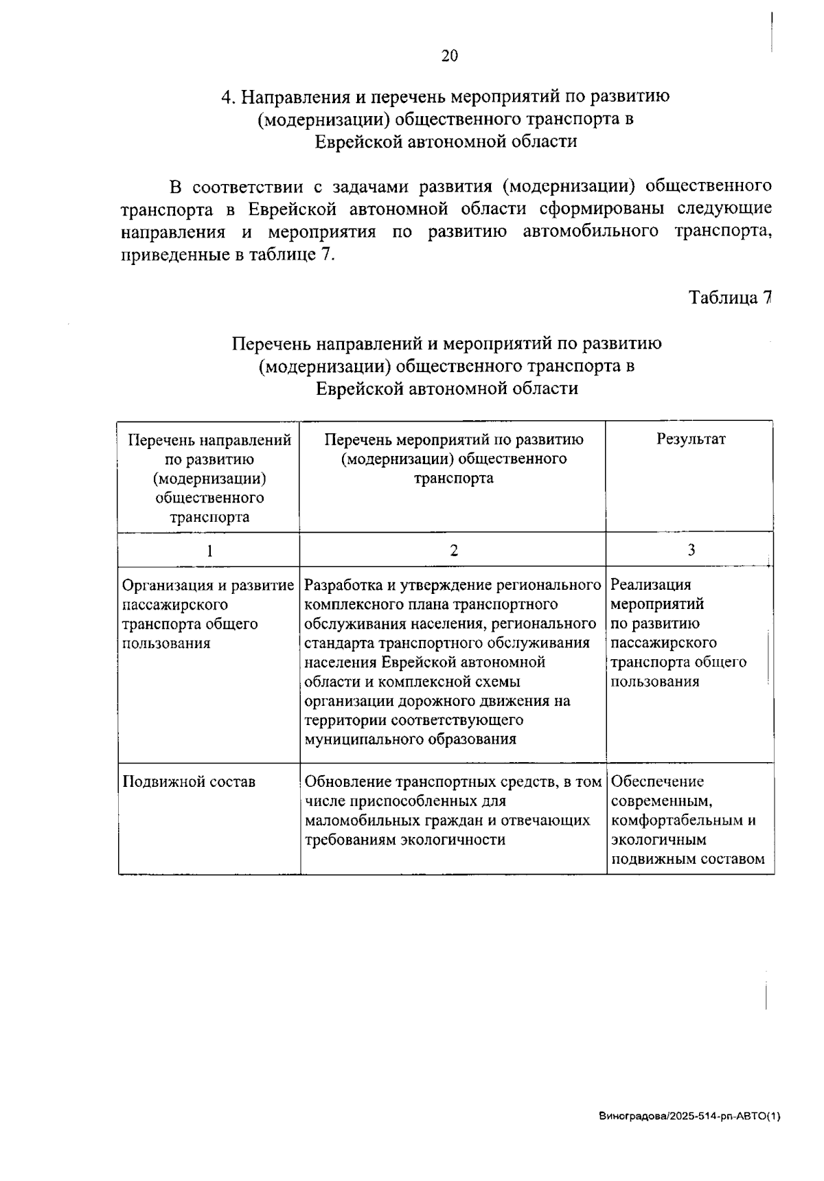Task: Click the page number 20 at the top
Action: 449,56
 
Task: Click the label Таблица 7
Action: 731,297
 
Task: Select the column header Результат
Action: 691,439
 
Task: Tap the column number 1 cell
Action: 209,550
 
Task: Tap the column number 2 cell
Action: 453,550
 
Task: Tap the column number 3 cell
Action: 691,550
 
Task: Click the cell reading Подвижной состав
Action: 189,781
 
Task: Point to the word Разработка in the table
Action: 341,586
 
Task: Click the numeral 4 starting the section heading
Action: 225,97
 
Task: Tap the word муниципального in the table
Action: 364,739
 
